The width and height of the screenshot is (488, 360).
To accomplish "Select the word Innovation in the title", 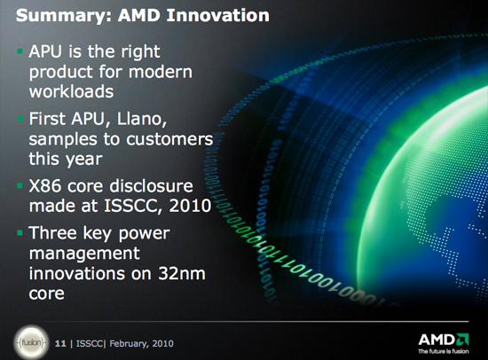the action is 218,15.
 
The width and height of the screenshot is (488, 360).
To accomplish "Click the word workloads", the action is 71,91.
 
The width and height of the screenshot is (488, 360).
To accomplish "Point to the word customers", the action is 169,139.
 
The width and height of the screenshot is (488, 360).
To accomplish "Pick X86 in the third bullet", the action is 45,186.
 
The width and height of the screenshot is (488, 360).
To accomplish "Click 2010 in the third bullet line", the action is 190,206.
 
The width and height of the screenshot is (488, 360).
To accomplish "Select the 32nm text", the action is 182,274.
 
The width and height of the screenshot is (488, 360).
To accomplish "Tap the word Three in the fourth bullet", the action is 52,232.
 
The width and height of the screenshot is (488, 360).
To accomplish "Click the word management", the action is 84,254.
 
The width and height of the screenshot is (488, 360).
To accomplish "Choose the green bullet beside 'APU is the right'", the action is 20,51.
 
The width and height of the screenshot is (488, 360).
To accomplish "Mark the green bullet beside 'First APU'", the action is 20,119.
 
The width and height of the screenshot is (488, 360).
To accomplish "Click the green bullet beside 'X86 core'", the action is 20,185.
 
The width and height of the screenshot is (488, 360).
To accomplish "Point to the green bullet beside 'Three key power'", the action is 20,232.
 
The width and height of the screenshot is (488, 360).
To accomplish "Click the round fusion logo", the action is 31,343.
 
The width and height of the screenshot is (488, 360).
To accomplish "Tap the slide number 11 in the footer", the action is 60,343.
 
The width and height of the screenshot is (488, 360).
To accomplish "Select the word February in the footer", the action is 129,344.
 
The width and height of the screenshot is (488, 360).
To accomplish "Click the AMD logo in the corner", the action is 444,340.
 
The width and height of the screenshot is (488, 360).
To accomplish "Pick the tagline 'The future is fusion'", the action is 444,351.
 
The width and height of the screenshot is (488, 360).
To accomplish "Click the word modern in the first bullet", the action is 161,72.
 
